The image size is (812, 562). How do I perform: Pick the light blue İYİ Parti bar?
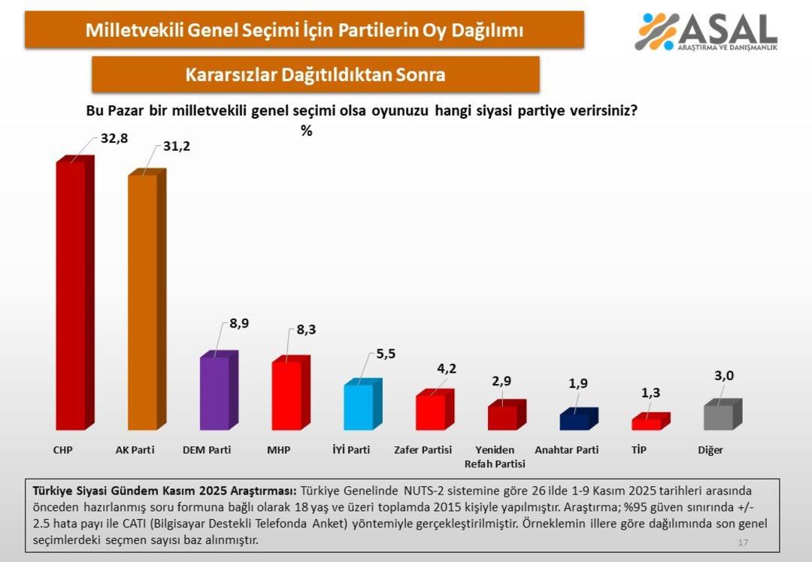(x=358, y=406)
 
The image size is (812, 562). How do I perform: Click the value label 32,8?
(x=114, y=138)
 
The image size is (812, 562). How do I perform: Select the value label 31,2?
(x=177, y=146)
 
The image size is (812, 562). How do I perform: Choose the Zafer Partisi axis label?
(x=423, y=450)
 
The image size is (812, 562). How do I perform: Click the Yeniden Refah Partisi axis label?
(x=495, y=457)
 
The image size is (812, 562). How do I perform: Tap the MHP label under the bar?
(x=278, y=450)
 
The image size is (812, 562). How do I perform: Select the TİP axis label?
(x=638, y=450)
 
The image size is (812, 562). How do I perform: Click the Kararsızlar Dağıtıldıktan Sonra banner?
(x=315, y=74)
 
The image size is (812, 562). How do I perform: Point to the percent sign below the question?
(x=306, y=131)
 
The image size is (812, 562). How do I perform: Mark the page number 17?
(x=743, y=542)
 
